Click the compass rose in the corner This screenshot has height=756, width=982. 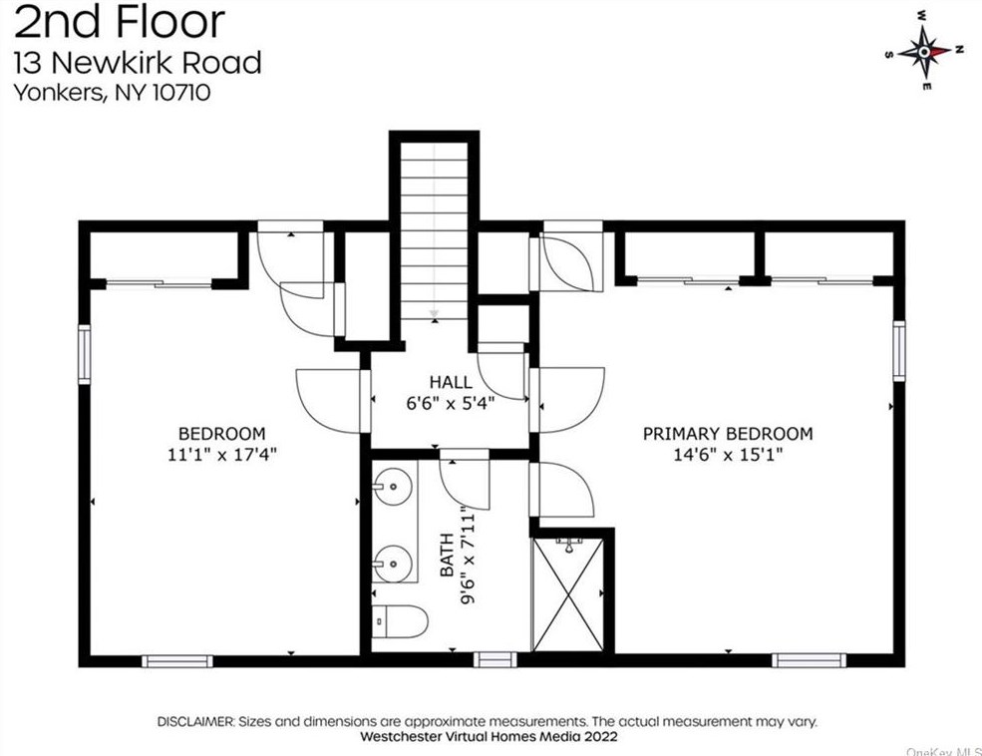point(924,52)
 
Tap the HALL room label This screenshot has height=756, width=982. point(451,382)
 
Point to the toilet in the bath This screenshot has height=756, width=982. point(399,621)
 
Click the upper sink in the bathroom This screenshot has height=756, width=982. point(395,488)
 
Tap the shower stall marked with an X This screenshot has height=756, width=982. point(568,593)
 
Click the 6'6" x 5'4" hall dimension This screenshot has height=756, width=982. point(451,403)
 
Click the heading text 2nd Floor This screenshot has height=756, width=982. point(119,21)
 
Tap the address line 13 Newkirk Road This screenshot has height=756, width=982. point(137,63)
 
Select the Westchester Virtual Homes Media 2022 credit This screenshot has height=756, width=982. point(490,736)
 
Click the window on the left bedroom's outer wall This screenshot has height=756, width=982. point(84,354)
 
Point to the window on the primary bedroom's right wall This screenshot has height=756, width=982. point(899,350)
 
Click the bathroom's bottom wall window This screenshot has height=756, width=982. point(494,659)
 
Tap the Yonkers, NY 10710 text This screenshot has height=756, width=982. point(112,93)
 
